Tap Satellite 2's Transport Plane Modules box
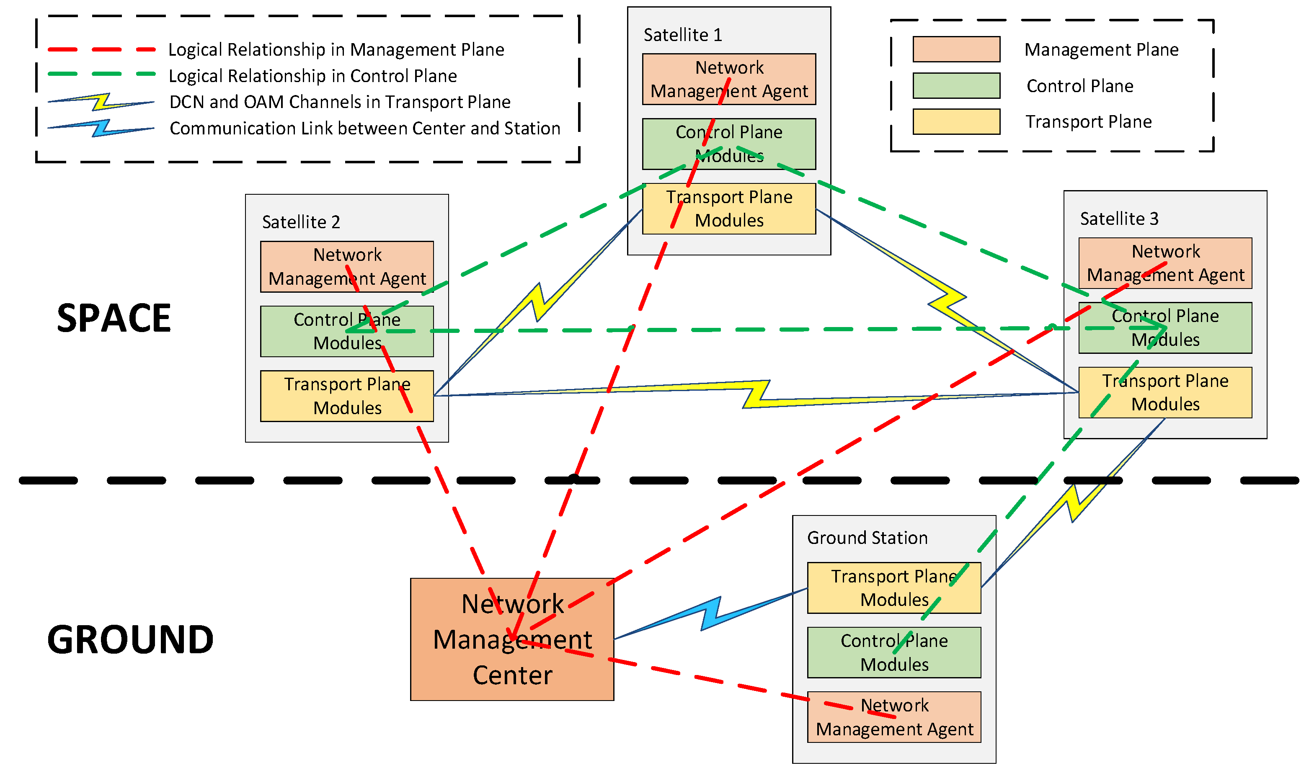pyautogui.click(x=346, y=396)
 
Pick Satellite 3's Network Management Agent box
pyautogui.click(x=1165, y=263)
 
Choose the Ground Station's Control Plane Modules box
pyautogui.click(x=894, y=652)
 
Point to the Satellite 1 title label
pyautogui.click(x=682, y=35)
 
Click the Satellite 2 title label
pyautogui.click(x=301, y=222)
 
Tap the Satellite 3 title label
pyautogui.click(x=1118, y=219)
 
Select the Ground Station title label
pyautogui.click(x=867, y=538)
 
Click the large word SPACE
pyautogui.click(x=114, y=318)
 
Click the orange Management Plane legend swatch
pyautogui.click(x=956, y=49)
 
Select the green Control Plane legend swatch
pyautogui.click(x=956, y=85)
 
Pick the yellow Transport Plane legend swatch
pyautogui.click(x=956, y=121)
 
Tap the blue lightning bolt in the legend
pyautogui.click(x=101, y=128)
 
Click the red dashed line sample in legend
pyautogui.click(x=101, y=49)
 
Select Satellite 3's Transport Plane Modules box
pyautogui.click(x=1165, y=392)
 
